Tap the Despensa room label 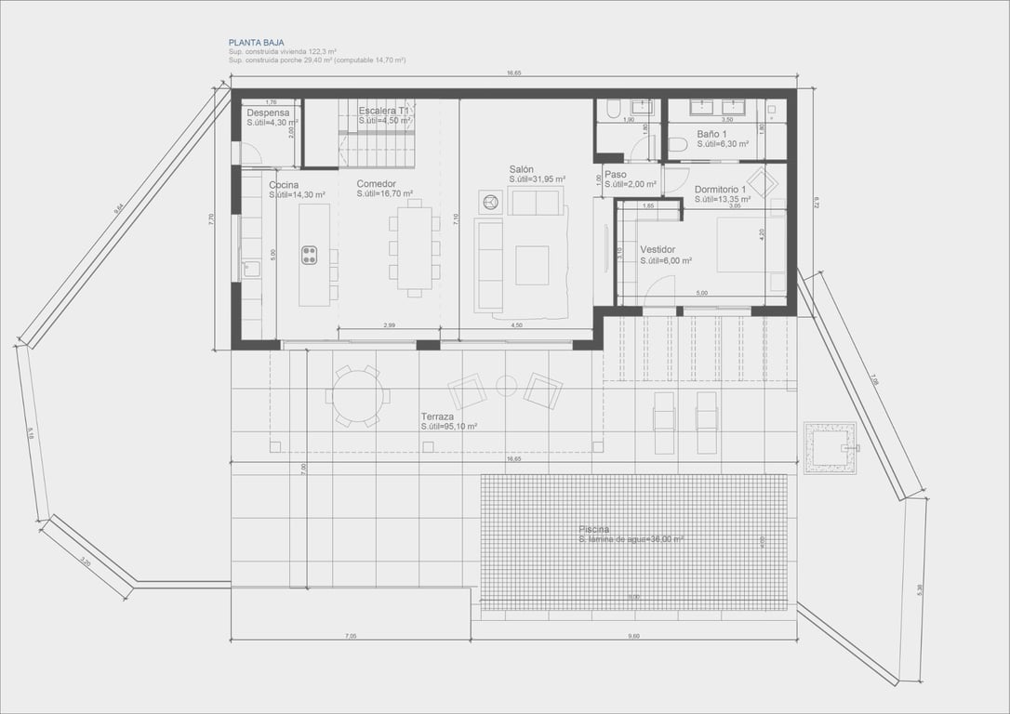[x=268, y=112]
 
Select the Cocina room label [x=284, y=185]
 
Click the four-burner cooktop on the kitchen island [x=309, y=255]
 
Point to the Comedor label [x=376, y=184]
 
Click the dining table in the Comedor [x=415, y=248]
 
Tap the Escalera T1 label [x=384, y=111]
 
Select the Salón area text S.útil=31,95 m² [x=537, y=179]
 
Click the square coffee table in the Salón [x=532, y=264]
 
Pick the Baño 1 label [x=713, y=134]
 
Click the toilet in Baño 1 [x=678, y=144]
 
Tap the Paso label [x=615, y=174]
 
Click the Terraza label [x=437, y=416]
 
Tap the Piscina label [x=595, y=529]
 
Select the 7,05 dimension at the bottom [x=350, y=636]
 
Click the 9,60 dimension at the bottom [x=633, y=636]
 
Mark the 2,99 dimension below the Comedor [x=390, y=325]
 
